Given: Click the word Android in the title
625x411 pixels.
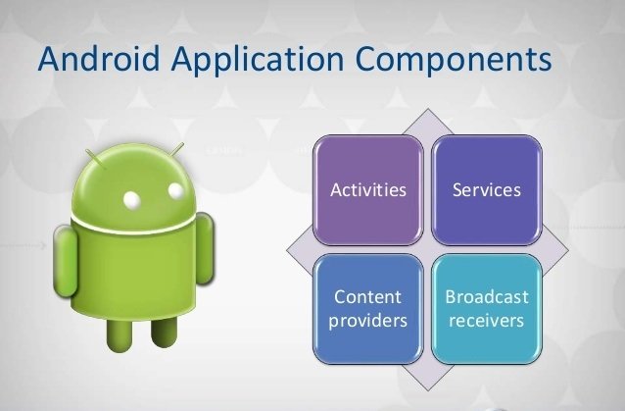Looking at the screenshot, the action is click(x=99, y=58).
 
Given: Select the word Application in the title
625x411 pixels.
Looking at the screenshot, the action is click(x=258, y=61).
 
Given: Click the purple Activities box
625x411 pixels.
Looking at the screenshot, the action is click(x=368, y=190).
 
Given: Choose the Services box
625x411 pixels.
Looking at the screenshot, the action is click(x=487, y=190).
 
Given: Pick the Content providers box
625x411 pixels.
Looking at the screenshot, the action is click(x=368, y=309).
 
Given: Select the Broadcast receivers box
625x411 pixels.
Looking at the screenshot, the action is click(x=487, y=309).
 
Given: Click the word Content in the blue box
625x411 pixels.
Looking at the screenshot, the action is click(x=368, y=297).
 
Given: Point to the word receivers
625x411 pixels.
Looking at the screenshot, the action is click(x=486, y=321).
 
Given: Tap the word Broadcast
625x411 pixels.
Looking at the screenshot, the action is click(x=487, y=297).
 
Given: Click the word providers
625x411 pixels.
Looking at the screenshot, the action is click(x=368, y=321).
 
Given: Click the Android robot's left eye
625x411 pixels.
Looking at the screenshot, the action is click(x=132, y=199).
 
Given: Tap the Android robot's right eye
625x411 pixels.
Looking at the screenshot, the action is click(x=175, y=190).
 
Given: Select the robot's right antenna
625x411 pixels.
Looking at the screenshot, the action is click(x=175, y=150).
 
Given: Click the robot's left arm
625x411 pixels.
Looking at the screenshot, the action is click(x=65, y=261).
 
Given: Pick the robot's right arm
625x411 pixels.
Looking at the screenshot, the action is click(x=206, y=248).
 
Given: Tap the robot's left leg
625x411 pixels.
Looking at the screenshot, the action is click(x=120, y=334).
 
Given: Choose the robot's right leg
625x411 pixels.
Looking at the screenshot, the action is click(x=164, y=332).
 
